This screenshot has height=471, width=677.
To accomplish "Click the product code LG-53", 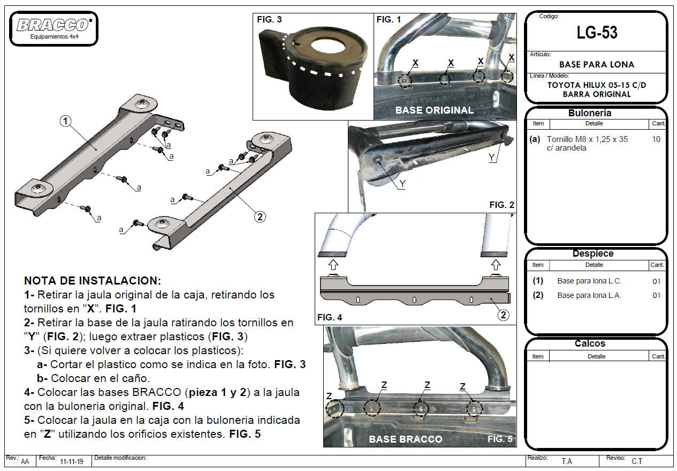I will [597, 33].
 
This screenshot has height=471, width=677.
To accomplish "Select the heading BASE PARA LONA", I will [597, 64].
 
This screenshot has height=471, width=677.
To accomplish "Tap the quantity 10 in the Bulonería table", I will [657, 139].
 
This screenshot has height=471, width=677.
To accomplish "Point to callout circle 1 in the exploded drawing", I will [65, 121].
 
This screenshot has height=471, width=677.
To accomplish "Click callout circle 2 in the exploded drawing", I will [260, 216].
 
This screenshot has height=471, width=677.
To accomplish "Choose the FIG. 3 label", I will [269, 20].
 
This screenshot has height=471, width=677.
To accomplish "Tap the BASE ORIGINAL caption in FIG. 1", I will [434, 110].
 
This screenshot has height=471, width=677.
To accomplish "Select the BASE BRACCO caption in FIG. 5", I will [405, 439].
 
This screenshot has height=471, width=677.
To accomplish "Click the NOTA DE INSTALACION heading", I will [92, 281].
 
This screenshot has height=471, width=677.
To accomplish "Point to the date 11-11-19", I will [71, 461].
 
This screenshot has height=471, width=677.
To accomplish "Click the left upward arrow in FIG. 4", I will [332, 264].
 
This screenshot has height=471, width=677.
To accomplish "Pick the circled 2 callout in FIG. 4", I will [503, 315].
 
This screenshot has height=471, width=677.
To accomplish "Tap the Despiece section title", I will [593, 254].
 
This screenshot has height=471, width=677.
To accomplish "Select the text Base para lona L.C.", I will [589, 281].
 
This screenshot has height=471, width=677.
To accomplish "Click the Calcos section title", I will [590, 343].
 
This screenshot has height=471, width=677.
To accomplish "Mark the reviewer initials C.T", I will [637, 461].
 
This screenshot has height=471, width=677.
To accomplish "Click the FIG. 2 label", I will [501, 205].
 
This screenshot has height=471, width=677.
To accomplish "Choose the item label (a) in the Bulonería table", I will [535, 139].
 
